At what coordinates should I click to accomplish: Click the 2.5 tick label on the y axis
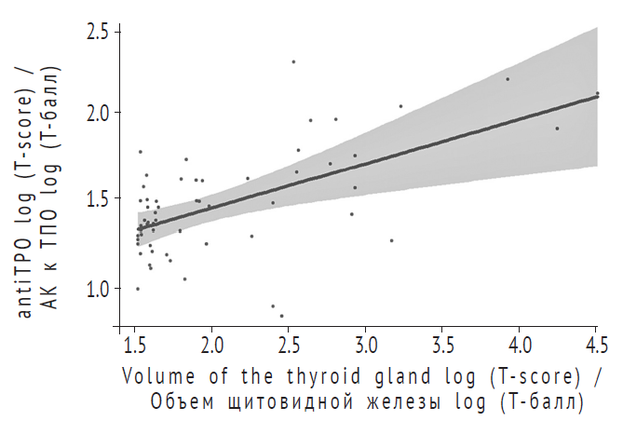tap(96, 32)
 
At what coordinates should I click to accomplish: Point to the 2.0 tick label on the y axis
tap(96, 113)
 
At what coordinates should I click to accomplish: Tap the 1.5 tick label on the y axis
tap(96, 199)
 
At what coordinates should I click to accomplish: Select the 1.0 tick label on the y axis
tap(96, 288)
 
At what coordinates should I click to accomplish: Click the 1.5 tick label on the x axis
tap(136, 346)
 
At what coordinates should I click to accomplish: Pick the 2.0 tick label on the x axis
tap(212, 346)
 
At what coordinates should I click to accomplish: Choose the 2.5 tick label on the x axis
tap(290, 346)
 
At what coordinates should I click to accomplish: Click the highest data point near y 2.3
tap(293, 61)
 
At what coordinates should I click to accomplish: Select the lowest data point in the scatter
tap(281, 315)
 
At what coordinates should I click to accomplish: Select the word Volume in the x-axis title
tap(156, 378)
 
